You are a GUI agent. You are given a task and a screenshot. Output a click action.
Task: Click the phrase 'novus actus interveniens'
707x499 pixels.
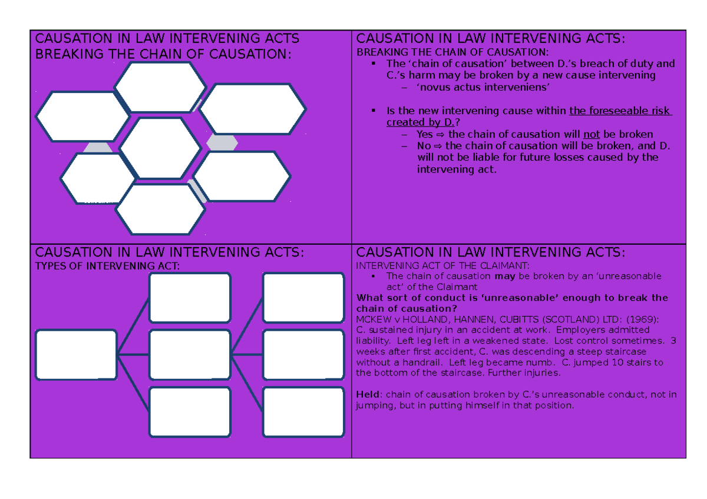(483, 87)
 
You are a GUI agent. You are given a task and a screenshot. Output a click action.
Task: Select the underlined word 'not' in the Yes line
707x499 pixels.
(591, 135)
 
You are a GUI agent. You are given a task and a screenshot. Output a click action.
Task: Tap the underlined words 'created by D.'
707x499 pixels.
(421, 122)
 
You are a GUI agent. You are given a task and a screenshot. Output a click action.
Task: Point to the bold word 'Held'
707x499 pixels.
(368, 395)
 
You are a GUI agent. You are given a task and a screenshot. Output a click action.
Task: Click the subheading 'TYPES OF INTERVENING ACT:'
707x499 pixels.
(107, 267)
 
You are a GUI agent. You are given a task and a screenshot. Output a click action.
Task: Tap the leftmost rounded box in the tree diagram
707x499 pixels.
(77, 355)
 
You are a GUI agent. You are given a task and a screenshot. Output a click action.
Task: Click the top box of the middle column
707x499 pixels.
(190, 298)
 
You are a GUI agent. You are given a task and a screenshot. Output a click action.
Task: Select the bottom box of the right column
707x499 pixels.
(303, 412)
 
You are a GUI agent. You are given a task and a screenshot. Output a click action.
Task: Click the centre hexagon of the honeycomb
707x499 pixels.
(160, 148)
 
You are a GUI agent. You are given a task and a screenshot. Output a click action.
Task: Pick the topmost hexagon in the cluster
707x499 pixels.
(160, 87)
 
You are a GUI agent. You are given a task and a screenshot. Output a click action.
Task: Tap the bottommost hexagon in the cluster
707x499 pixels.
(160, 209)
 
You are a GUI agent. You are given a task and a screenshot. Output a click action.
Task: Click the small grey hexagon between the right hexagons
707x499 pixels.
(222, 143)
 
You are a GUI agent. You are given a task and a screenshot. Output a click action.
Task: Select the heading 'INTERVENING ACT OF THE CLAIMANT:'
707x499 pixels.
(442, 266)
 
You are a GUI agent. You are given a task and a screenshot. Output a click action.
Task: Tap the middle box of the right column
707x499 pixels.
(303, 355)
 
